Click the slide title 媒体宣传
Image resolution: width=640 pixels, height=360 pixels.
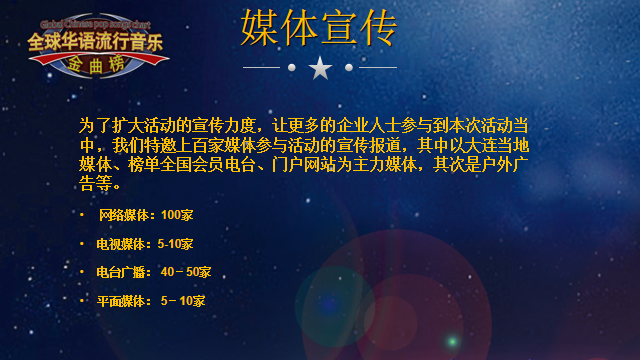(319, 28)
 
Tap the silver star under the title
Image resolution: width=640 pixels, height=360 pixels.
(320, 68)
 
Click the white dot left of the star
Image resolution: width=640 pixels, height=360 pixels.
(291, 67)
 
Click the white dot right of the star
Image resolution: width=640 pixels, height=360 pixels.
(349, 67)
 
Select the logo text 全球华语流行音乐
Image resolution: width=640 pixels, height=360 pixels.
(96, 42)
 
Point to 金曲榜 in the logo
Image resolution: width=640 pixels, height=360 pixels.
(96, 64)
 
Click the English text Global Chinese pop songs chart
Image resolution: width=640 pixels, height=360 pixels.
(96, 25)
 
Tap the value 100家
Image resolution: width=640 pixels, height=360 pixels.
(177, 215)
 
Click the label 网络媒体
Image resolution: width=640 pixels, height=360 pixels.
(124, 215)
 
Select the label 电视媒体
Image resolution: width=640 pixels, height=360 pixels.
(121, 244)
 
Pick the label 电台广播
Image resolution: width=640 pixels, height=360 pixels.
(121, 272)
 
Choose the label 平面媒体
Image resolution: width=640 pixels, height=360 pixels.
(121, 301)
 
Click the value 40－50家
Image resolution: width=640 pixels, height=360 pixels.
(186, 272)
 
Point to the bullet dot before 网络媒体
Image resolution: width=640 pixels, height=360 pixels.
(82, 215)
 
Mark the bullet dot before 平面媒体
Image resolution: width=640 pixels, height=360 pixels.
(82, 301)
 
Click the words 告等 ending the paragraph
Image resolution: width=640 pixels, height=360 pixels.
(96, 184)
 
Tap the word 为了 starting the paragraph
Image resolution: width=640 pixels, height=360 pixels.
(95, 126)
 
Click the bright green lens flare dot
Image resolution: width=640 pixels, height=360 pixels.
(452, 341)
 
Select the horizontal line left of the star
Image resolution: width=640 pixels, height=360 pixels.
(261, 67)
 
